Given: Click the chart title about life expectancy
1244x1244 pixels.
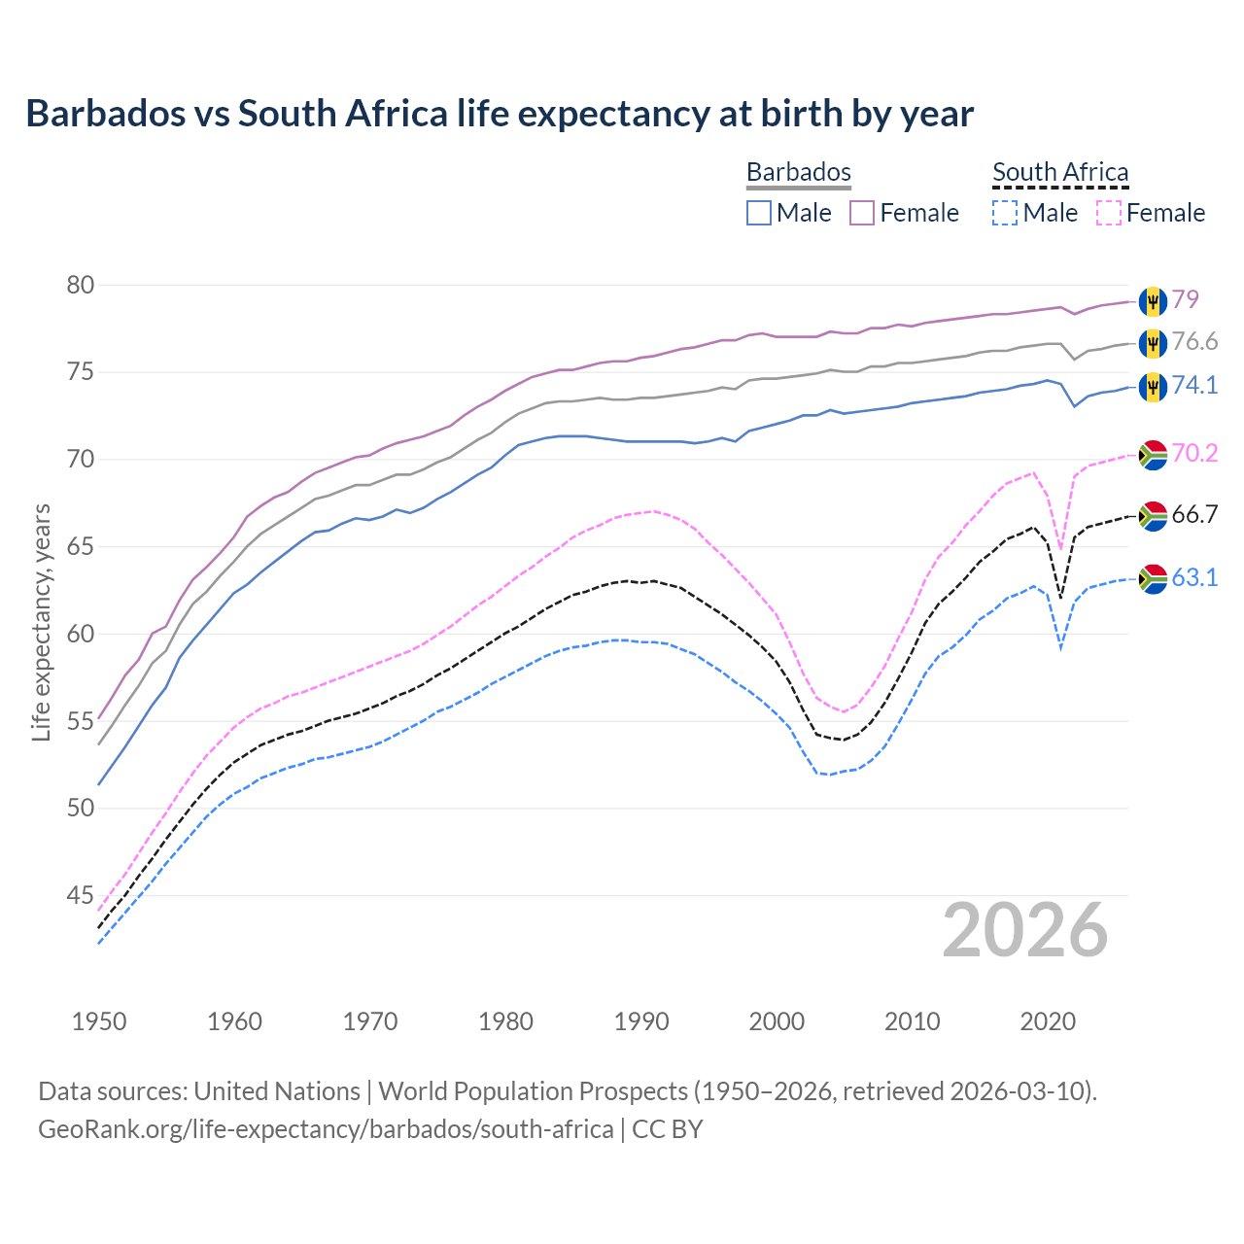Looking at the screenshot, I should pos(500,114).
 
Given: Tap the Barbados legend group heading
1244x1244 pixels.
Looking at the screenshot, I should pos(798,172).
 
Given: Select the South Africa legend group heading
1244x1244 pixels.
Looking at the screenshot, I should pos(1059,172).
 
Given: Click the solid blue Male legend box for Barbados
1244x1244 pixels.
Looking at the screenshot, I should pos(759,213).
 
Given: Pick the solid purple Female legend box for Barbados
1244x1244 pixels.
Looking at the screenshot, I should pos(862,213).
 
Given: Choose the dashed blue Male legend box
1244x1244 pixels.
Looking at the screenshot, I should pos(1005,213).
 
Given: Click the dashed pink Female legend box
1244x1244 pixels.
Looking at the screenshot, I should pos(1108,213).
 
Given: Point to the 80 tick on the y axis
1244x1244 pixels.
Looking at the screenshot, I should pos(81,285).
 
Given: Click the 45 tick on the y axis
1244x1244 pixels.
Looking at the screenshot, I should pos(81,895).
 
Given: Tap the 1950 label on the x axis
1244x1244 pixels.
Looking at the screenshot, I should pos(99,1021).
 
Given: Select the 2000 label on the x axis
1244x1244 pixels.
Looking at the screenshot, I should pos(777,1021).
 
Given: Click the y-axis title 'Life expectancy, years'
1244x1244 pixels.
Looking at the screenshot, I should pos(41,622).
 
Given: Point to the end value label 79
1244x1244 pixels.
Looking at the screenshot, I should pos(1185,299).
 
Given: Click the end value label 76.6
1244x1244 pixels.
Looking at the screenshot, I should pos(1194,342).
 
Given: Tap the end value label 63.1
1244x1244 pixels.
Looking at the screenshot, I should pos(1194,578).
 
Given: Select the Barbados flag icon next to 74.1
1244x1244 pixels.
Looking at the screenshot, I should pos(1153,386).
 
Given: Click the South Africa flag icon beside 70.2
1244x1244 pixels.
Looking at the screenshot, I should pos(1153,454).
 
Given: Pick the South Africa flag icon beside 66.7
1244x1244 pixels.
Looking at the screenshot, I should pos(1153,515).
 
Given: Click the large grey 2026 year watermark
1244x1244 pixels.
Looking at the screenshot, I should pos(1024,930).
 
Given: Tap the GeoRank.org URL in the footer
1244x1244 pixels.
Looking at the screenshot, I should pos(326,1129).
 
